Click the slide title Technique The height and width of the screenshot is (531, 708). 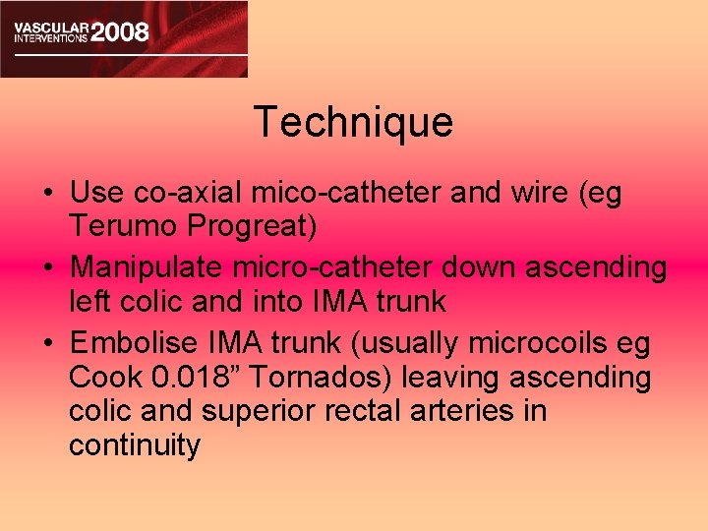tap(353, 122)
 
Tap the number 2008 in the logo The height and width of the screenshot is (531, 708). tap(119, 31)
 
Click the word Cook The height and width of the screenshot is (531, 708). tap(102, 377)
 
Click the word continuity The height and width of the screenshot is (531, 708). tap(135, 446)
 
